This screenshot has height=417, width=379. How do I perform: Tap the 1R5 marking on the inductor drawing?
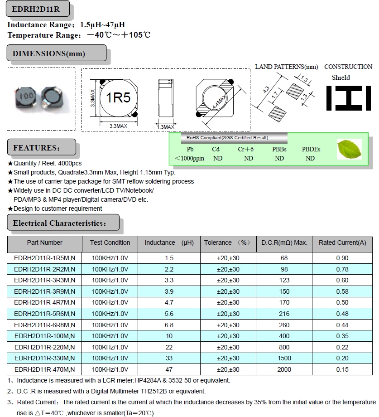pyautogui.click(x=118, y=97)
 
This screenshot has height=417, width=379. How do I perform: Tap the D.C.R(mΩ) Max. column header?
pyautogui.click(x=284, y=243)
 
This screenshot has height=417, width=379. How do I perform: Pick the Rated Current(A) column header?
pyautogui.click(x=342, y=243)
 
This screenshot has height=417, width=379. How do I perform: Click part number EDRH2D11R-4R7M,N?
pyautogui.click(x=45, y=302)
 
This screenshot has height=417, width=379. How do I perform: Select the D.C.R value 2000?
pyautogui.click(x=284, y=369)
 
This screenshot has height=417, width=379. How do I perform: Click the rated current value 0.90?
pyautogui.click(x=342, y=258)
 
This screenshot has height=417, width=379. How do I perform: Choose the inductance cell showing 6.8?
pyautogui.click(x=169, y=325)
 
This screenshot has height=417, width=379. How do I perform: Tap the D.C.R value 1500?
pyautogui.click(x=284, y=358)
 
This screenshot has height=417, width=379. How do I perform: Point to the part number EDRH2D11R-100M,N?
pyautogui.click(x=45, y=336)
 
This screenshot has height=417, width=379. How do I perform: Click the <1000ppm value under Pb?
pyautogui.click(x=189, y=158)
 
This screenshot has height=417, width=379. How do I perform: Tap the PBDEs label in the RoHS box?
pyautogui.click(x=311, y=149)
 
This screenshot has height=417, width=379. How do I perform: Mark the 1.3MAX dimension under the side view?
pyautogui.click(x=165, y=127)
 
